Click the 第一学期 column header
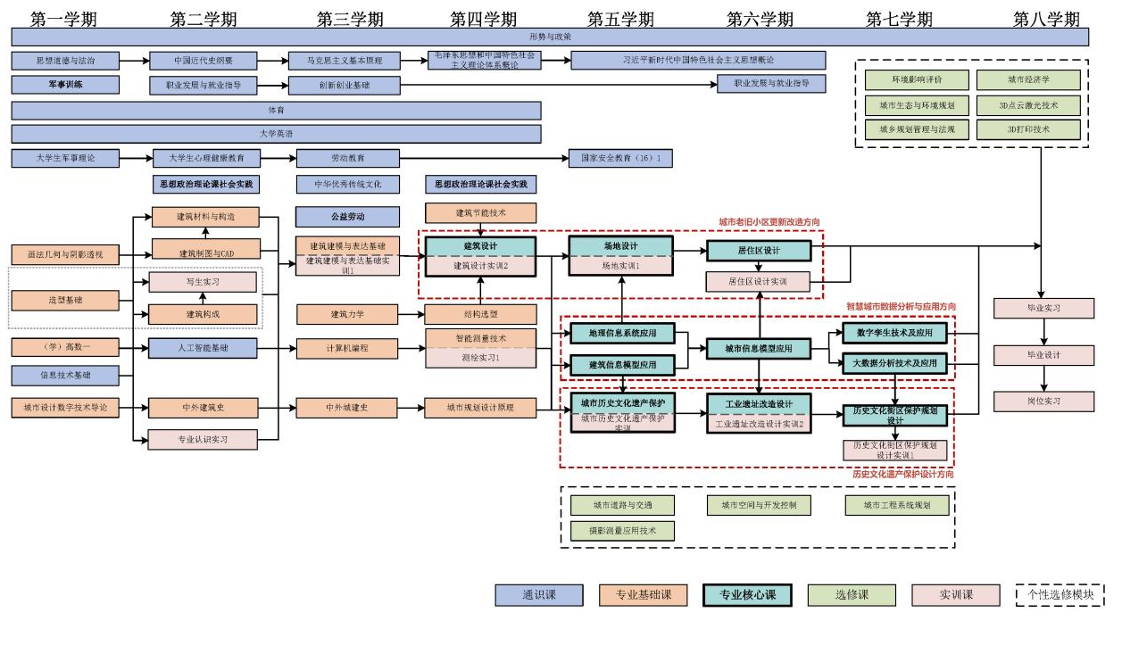pos(63,19)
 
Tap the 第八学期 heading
pos(1046,19)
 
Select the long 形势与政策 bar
pos(550,37)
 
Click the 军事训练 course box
pos(64,85)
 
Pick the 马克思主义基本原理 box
pos(344,61)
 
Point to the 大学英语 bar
pos(276,134)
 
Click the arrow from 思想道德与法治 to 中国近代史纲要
pos(134,61)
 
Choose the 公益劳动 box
pos(347,217)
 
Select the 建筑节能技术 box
pos(480,213)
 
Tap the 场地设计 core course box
pos(619,246)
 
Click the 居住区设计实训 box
pos(758,282)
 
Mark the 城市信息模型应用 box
pos(758,348)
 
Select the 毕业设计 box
pos(1043,355)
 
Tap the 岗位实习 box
pos(1043,402)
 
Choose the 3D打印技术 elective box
pos(1027,129)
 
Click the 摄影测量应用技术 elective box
pos(622,531)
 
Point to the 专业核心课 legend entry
pos(747,595)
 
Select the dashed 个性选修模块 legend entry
pos(1060,595)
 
